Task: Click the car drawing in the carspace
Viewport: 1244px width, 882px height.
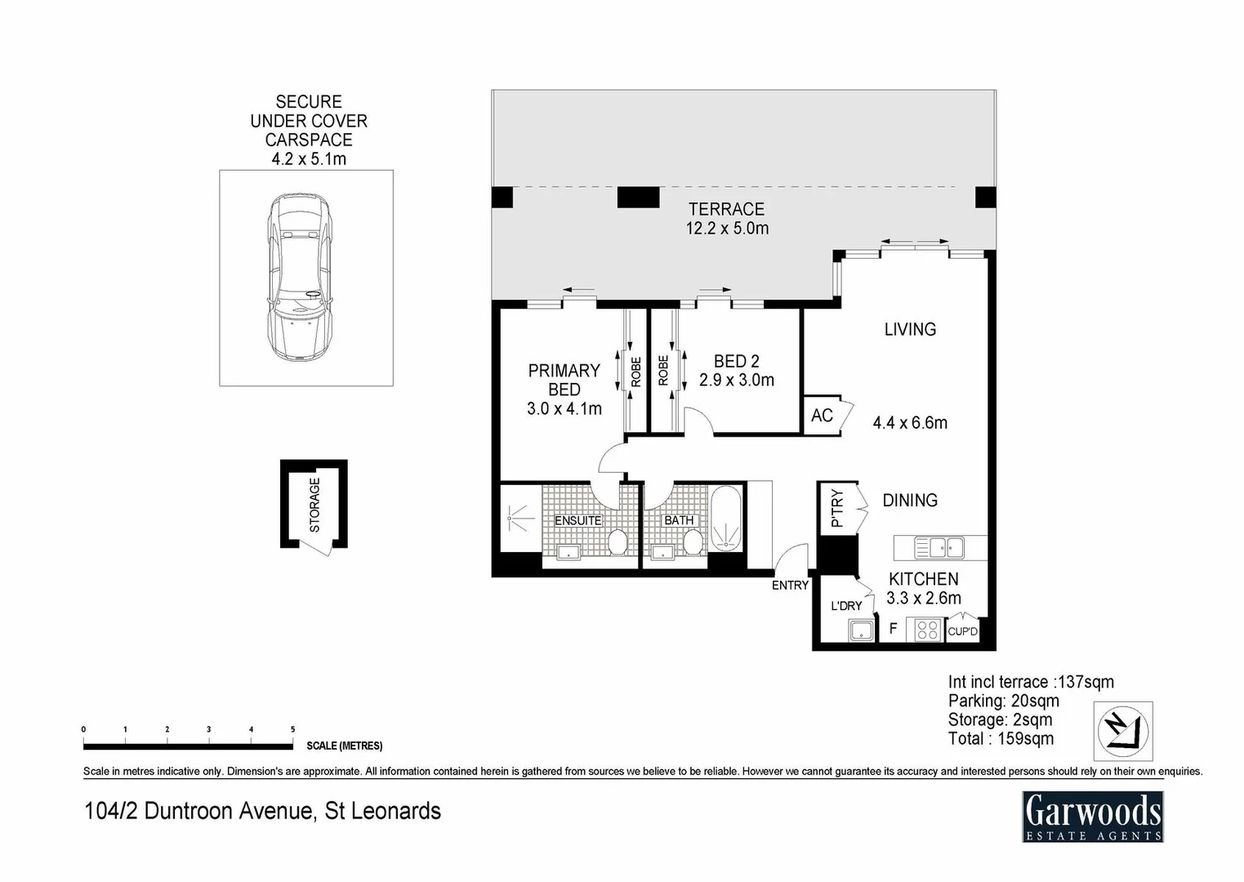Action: pyautogui.click(x=301, y=277)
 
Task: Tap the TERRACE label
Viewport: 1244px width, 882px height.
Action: pyautogui.click(x=726, y=209)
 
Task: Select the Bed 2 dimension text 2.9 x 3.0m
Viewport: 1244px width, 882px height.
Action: pyautogui.click(x=736, y=380)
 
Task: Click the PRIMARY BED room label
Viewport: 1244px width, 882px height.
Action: pyautogui.click(x=564, y=380)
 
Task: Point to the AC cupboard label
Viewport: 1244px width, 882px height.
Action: pyautogui.click(x=822, y=416)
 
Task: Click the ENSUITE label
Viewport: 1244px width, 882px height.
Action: pyautogui.click(x=577, y=520)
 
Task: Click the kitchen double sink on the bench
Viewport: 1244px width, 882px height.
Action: pyautogui.click(x=939, y=547)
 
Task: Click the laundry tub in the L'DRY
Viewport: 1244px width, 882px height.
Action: pyautogui.click(x=861, y=630)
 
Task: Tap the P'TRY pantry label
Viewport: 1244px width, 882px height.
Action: pyautogui.click(x=836, y=508)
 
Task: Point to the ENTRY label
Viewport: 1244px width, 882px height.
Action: pyautogui.click(x=790, y=585)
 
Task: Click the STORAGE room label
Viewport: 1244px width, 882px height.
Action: pyautogui.click(x=314, y=505)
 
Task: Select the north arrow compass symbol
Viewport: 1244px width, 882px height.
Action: pyautogui.click(x=1122, y=731)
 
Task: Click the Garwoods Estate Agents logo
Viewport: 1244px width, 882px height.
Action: pyautogui.click(x=1092, y=817)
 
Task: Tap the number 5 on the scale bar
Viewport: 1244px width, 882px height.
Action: pyautogui.click(x=292, y=729)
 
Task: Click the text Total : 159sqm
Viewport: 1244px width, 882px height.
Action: pyautogui.click(x=1001, y=739)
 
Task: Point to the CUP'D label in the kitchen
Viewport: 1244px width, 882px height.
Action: pyautogui.click(x=962, y=631)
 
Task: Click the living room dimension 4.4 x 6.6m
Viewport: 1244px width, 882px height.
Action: pyautogui.click(x=910, y=423)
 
